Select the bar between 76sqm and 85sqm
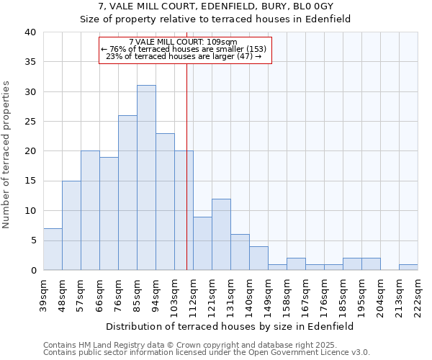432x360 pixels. (x=127, y=192)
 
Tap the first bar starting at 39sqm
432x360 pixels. (x=53, y=249)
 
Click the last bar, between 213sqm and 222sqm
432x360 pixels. (x=408, y=267)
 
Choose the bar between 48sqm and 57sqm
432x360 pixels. (x=71, y=225)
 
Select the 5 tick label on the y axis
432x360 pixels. (x=32, y=240)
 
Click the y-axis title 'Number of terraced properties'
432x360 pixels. (x=6, y=155)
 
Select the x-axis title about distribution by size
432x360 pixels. (x=230, y=326)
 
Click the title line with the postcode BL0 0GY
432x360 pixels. (x=216, y=6)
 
